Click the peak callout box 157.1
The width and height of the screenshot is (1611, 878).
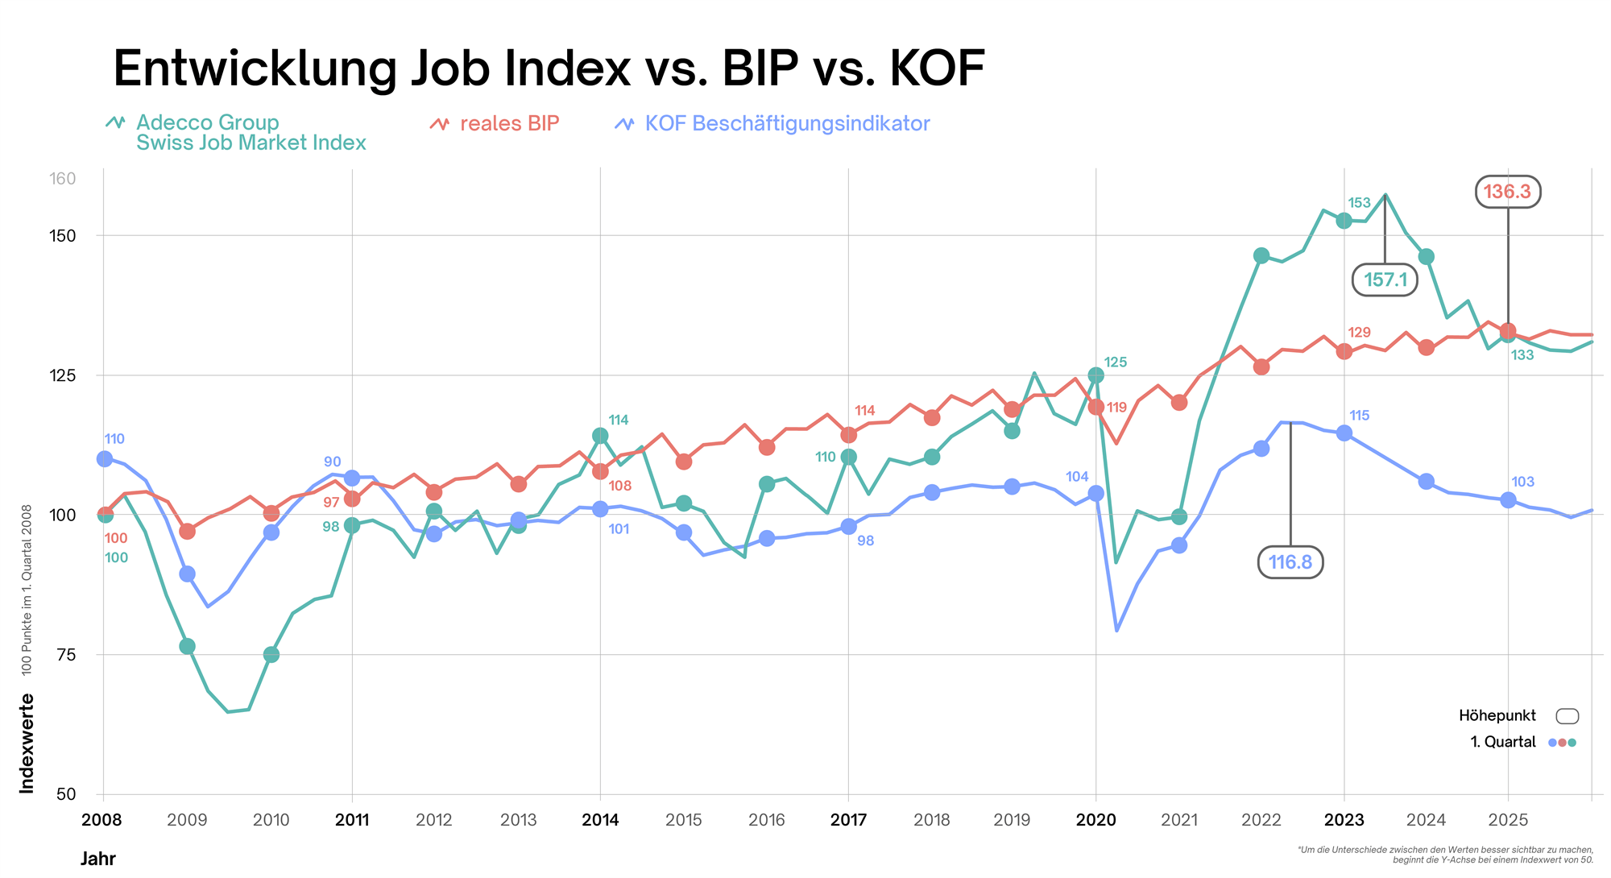tap(1385, 280)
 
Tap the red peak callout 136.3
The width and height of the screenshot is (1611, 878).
tap(1507, 192)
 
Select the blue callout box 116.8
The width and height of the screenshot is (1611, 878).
tap(1290, 562)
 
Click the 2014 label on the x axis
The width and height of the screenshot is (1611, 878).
tap(600, 820)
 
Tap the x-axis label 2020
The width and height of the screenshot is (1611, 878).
tap(1095, 820)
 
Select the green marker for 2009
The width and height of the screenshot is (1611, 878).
tap(187, 646)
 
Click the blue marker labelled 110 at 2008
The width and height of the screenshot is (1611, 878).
tap(105, 458)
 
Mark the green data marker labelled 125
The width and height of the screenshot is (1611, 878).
tap(1095, 375)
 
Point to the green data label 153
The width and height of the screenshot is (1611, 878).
tap(1359, 203)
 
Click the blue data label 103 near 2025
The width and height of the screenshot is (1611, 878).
tap(1522, 482)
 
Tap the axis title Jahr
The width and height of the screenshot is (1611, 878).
tap(97, 859)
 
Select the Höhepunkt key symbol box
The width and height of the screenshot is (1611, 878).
tap(1567, 716)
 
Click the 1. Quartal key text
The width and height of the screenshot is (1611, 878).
tap(1503, 742)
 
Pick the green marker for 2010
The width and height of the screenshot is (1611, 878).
tap(271, 655)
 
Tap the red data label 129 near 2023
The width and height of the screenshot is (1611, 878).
tap(1359, 333)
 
